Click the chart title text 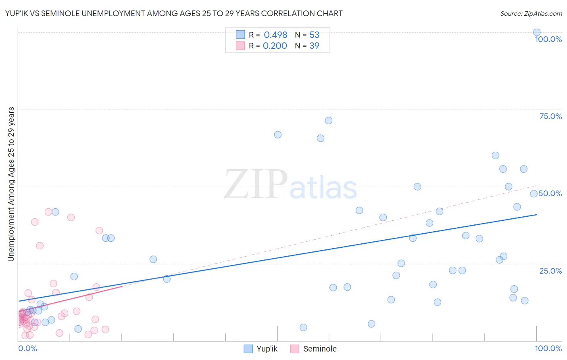tap(174, 14)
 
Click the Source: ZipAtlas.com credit tap(531, 14)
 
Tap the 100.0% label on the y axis tap(548, 39)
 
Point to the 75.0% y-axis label tap(550, 116)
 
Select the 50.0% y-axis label tap(550, 193)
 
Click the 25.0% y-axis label tap(550, 270)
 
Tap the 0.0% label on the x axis tap(27, 348)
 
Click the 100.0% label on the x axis tap(548, 348)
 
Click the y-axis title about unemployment tap(11, 184)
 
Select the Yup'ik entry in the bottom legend tap(267, 349)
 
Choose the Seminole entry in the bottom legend tap(319, 349)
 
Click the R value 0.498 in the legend tap(275, 35)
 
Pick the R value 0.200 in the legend tap(275, 46)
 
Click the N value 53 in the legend tap(314, 35)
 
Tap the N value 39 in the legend tap(314, 46)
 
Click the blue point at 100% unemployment tap(537, 32)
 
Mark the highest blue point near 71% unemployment tap(329, 121)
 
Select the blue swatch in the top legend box tap(240, 35)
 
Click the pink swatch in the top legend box tap(240, 46)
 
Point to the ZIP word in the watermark tap(255, 185)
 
